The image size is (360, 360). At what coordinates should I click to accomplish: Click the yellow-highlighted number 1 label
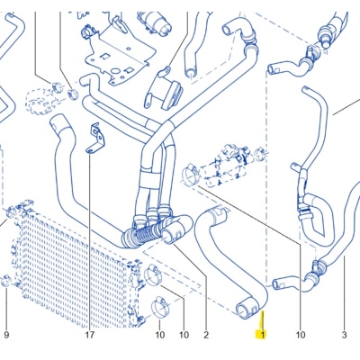261,334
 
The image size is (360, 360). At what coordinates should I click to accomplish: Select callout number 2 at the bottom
206,335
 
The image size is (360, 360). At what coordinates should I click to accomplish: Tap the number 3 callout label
344,335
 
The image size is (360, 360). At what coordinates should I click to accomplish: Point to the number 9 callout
6,335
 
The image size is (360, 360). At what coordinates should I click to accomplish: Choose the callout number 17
90,335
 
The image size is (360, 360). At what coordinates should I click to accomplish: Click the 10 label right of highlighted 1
301,335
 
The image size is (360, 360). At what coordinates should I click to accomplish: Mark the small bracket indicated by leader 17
96,138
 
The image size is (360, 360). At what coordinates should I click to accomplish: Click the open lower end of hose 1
244,308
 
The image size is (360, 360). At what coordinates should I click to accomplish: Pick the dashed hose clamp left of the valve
190,174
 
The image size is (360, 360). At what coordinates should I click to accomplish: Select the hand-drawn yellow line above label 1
262,320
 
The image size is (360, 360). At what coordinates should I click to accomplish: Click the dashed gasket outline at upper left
40,101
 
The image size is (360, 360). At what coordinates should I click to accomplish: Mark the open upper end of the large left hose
57,122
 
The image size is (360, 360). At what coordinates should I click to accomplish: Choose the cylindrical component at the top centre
155,22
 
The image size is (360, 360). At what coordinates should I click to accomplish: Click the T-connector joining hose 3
318,265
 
